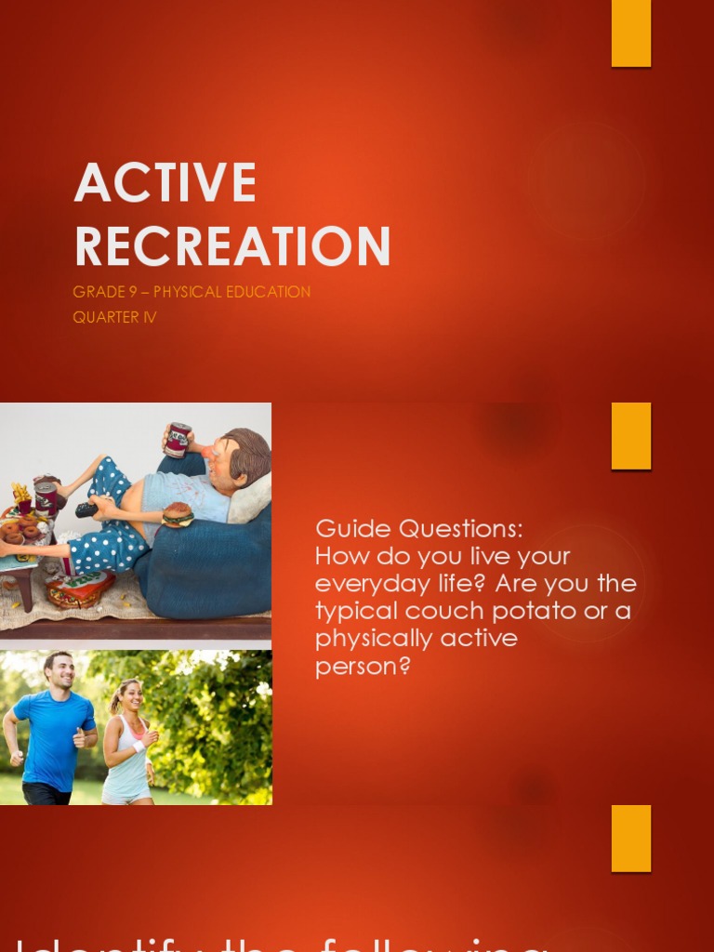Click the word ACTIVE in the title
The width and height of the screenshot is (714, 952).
165,182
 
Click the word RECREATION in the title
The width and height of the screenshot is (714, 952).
232,246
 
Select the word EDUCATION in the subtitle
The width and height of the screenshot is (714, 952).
264,292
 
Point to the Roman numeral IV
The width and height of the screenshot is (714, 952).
149,317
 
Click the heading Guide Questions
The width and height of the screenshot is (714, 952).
419,529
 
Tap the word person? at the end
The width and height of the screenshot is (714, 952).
363,666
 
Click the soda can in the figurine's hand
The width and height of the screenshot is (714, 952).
178,440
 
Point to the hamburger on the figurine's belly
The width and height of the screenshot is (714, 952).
177,514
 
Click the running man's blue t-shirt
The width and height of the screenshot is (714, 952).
54,734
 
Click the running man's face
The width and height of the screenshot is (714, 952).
59,672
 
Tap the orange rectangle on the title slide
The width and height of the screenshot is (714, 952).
630,33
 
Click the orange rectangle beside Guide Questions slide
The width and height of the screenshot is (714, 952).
630,436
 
